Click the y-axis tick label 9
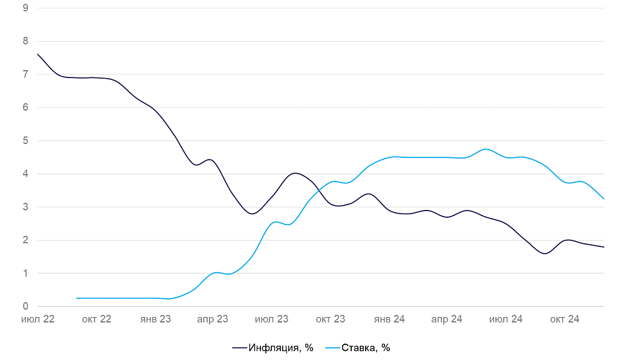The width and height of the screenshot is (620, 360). [25, 8]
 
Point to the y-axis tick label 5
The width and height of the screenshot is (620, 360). [25, 140]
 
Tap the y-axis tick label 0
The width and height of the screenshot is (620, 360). [25, 306]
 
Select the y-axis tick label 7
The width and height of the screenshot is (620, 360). [25, 74]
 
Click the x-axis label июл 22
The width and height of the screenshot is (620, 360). [38, 319]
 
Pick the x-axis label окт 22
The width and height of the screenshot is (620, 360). [96, 319]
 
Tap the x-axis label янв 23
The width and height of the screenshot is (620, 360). [155, 319]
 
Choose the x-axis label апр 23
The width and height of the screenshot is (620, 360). [213, 319]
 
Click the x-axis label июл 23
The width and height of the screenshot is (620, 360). [272, 319]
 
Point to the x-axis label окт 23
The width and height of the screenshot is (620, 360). [331, 319]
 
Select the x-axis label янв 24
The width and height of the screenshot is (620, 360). [389, 319]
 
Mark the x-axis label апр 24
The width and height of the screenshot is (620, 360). [447, 319]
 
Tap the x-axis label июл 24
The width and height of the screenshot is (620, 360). [506, 319]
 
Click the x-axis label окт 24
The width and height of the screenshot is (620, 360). [565, 319]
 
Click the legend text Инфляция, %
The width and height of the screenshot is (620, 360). [280, 348]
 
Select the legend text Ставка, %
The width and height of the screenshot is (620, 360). [366, 348]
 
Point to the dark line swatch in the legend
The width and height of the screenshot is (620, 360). [240, 348]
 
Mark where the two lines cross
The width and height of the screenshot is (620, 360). [318, 191]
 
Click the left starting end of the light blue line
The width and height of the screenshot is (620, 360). [77, 298]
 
